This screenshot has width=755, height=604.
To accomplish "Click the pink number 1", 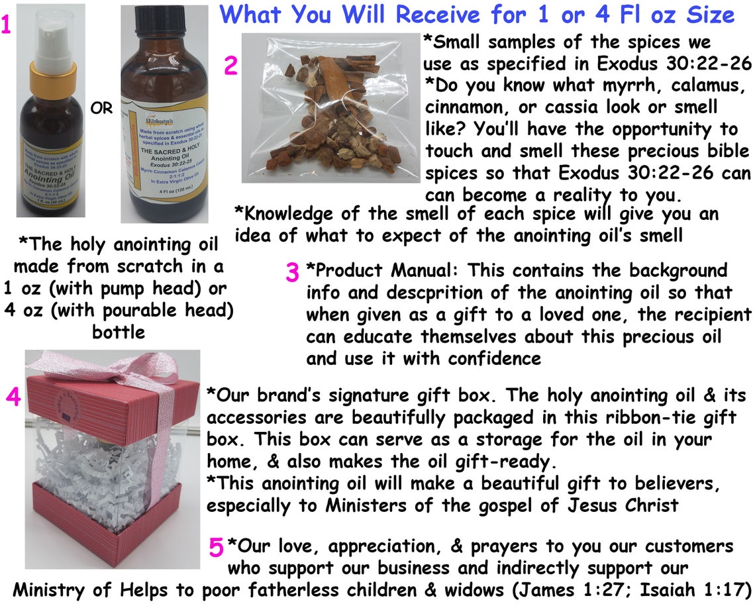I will coord(6,25).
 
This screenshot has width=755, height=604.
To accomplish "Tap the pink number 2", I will coord(230,66).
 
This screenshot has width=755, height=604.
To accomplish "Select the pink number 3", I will coord(293,273).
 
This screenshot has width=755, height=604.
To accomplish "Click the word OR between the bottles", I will coord(101,108).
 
